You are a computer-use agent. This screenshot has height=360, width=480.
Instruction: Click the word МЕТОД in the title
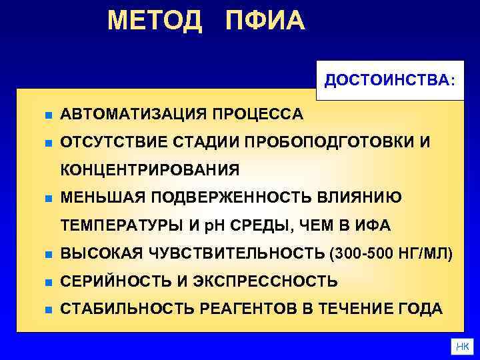pyautogui.click(x=154, y=21)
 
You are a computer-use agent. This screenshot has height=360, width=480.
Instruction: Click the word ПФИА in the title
pyautogui.click(x=265, y=21)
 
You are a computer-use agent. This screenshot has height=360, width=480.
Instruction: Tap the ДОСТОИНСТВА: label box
pyautogui.click(x=390, y=81)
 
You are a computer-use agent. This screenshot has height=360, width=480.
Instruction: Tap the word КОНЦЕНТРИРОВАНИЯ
pyautogui.click(x=150, y=170)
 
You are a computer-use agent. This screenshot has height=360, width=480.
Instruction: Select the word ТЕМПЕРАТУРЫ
pyautogui.click(x=123, y=226)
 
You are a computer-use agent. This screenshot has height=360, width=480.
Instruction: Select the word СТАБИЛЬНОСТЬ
pyautogui.click(x=125, y=309)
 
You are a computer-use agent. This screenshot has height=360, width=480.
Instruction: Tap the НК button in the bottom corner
pyautogui.click(x=461, y=347)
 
